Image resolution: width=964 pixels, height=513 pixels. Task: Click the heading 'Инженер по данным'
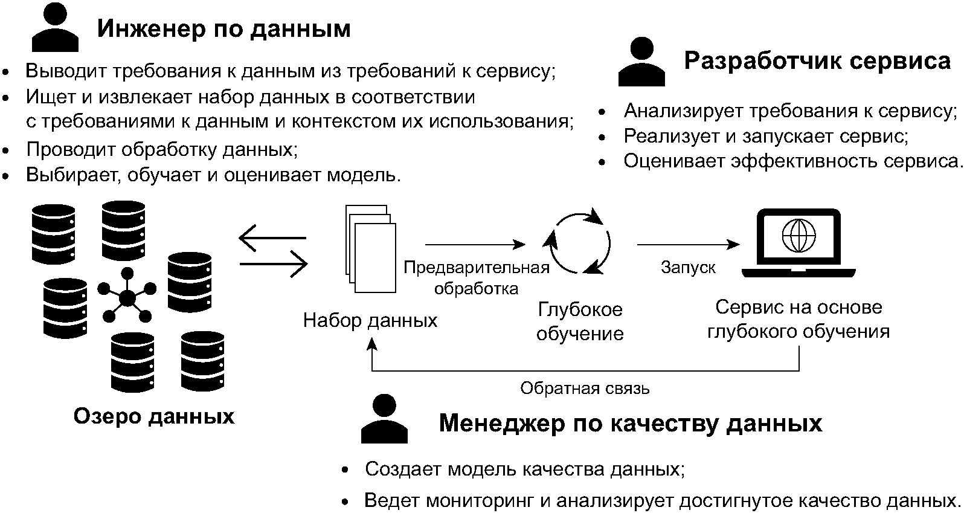click(x=223, y=29)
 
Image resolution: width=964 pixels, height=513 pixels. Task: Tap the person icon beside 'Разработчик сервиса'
click(x=641, y=62)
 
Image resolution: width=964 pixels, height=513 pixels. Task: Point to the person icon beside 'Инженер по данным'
click(x=55, y=27)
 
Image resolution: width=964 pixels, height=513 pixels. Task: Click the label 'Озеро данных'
click(x=153, y=416)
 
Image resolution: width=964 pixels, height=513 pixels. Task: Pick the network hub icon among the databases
click(x=127, y=297)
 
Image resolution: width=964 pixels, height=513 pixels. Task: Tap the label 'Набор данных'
click(x=370, y=320)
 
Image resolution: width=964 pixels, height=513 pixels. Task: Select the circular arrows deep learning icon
click(x=579, y=243)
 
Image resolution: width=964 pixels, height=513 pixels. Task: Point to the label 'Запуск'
click(x=688, y=267)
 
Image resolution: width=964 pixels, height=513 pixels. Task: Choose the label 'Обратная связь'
click(x=585, y=388)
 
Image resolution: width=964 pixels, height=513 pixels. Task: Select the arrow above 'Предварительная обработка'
click(x=475, y=245)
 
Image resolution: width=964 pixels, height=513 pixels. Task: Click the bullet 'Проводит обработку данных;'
click(x=161, y=149)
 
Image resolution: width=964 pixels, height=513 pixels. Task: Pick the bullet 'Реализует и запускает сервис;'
click(x=765, y=136)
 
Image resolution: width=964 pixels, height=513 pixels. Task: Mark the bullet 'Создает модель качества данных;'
click(x=524, y=469)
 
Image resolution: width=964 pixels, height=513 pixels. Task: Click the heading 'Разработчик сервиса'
click(x=817, y=61)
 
